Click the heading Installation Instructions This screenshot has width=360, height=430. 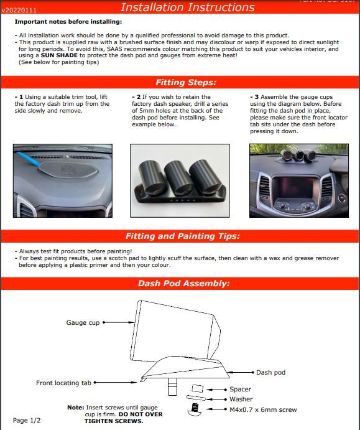point(187,7)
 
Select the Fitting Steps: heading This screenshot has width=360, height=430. point(185,82)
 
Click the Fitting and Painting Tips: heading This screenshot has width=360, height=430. point(182,236)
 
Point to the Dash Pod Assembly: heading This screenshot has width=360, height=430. point(183,283)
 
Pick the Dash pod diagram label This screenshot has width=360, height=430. point(270,373)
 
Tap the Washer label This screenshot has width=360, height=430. point(241,400)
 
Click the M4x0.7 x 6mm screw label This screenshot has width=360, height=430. point(262,410)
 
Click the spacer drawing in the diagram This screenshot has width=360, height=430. point(198,388)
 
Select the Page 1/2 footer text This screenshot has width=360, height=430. point(27,421)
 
